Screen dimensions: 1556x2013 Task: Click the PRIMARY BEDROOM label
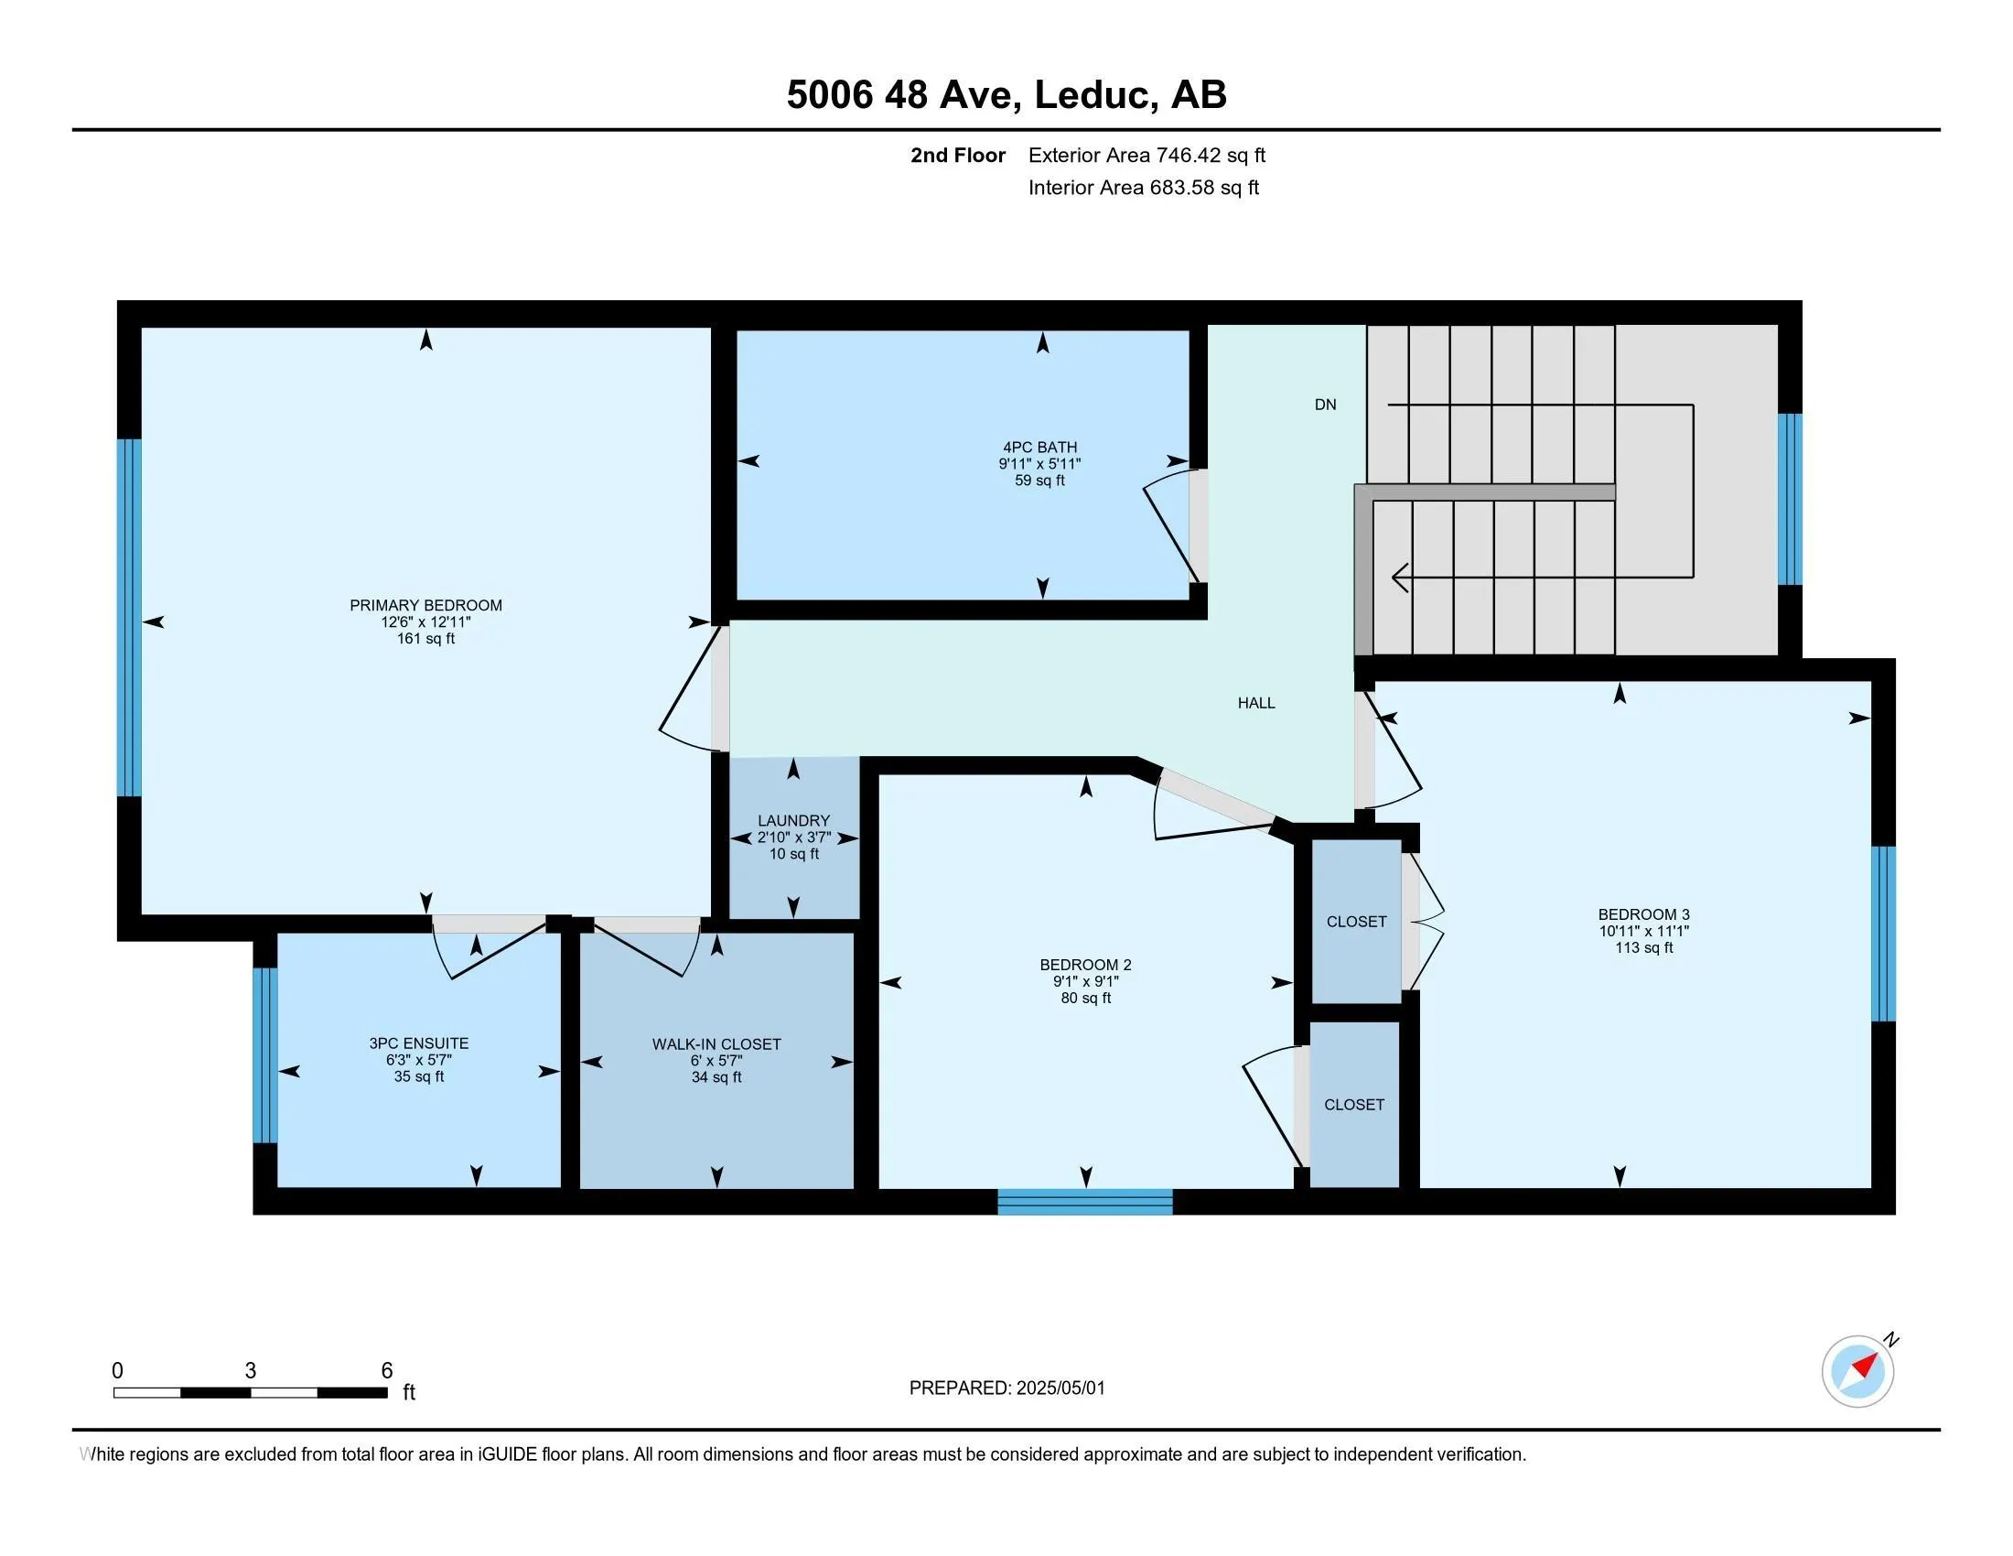coord(425,606)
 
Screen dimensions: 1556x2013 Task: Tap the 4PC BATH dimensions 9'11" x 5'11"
coord(1039,465)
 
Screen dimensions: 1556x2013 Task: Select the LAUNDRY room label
coord(793,820)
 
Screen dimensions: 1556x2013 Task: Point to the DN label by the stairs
coord(1326,405)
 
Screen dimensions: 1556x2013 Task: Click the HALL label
coord(1256,703)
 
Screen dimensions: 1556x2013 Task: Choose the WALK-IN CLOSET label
coord(716,1044)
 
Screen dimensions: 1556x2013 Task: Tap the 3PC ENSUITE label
coord(418,1043)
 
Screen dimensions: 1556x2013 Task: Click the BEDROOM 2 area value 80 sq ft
coord(1086,998)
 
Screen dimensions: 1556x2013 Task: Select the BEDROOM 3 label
coord(1643,914)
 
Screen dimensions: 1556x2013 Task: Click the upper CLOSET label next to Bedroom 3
coord(1356,922)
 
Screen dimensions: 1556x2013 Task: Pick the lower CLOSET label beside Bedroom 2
coord(1354,1105)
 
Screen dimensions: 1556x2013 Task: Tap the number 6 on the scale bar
coord(387,1371)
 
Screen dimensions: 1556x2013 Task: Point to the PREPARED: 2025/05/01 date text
coord(1006,1389)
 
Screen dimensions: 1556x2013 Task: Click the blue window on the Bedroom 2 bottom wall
coord(1085,1202)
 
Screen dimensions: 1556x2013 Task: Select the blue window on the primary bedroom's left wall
coord(129,617)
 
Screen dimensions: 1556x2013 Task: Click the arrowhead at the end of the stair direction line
coord(1399,578)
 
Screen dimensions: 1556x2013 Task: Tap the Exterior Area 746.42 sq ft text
coord(1146,155)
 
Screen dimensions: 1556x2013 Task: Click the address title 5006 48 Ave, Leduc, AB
coord(1006,94)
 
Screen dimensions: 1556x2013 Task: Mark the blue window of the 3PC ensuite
coord(264,1054)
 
